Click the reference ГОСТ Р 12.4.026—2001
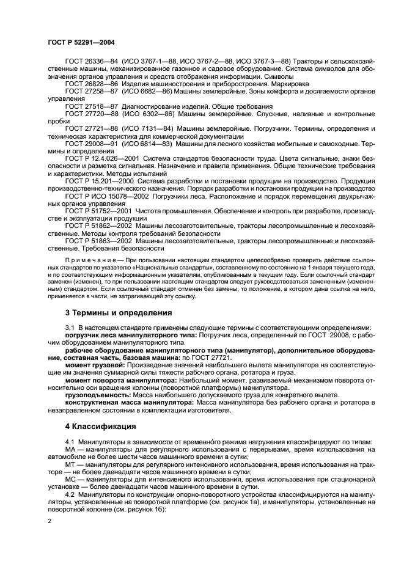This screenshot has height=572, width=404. click(x=97, y=158)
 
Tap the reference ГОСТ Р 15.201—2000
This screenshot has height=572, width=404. click(x=95, y=182)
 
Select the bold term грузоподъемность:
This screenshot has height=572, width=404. click(x=96, y=396)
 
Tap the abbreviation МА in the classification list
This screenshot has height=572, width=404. click(x=71, y=450)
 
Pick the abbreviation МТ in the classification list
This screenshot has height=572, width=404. click(x=71, y=464)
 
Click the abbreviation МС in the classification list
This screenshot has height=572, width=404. click(x=71, y=480)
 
